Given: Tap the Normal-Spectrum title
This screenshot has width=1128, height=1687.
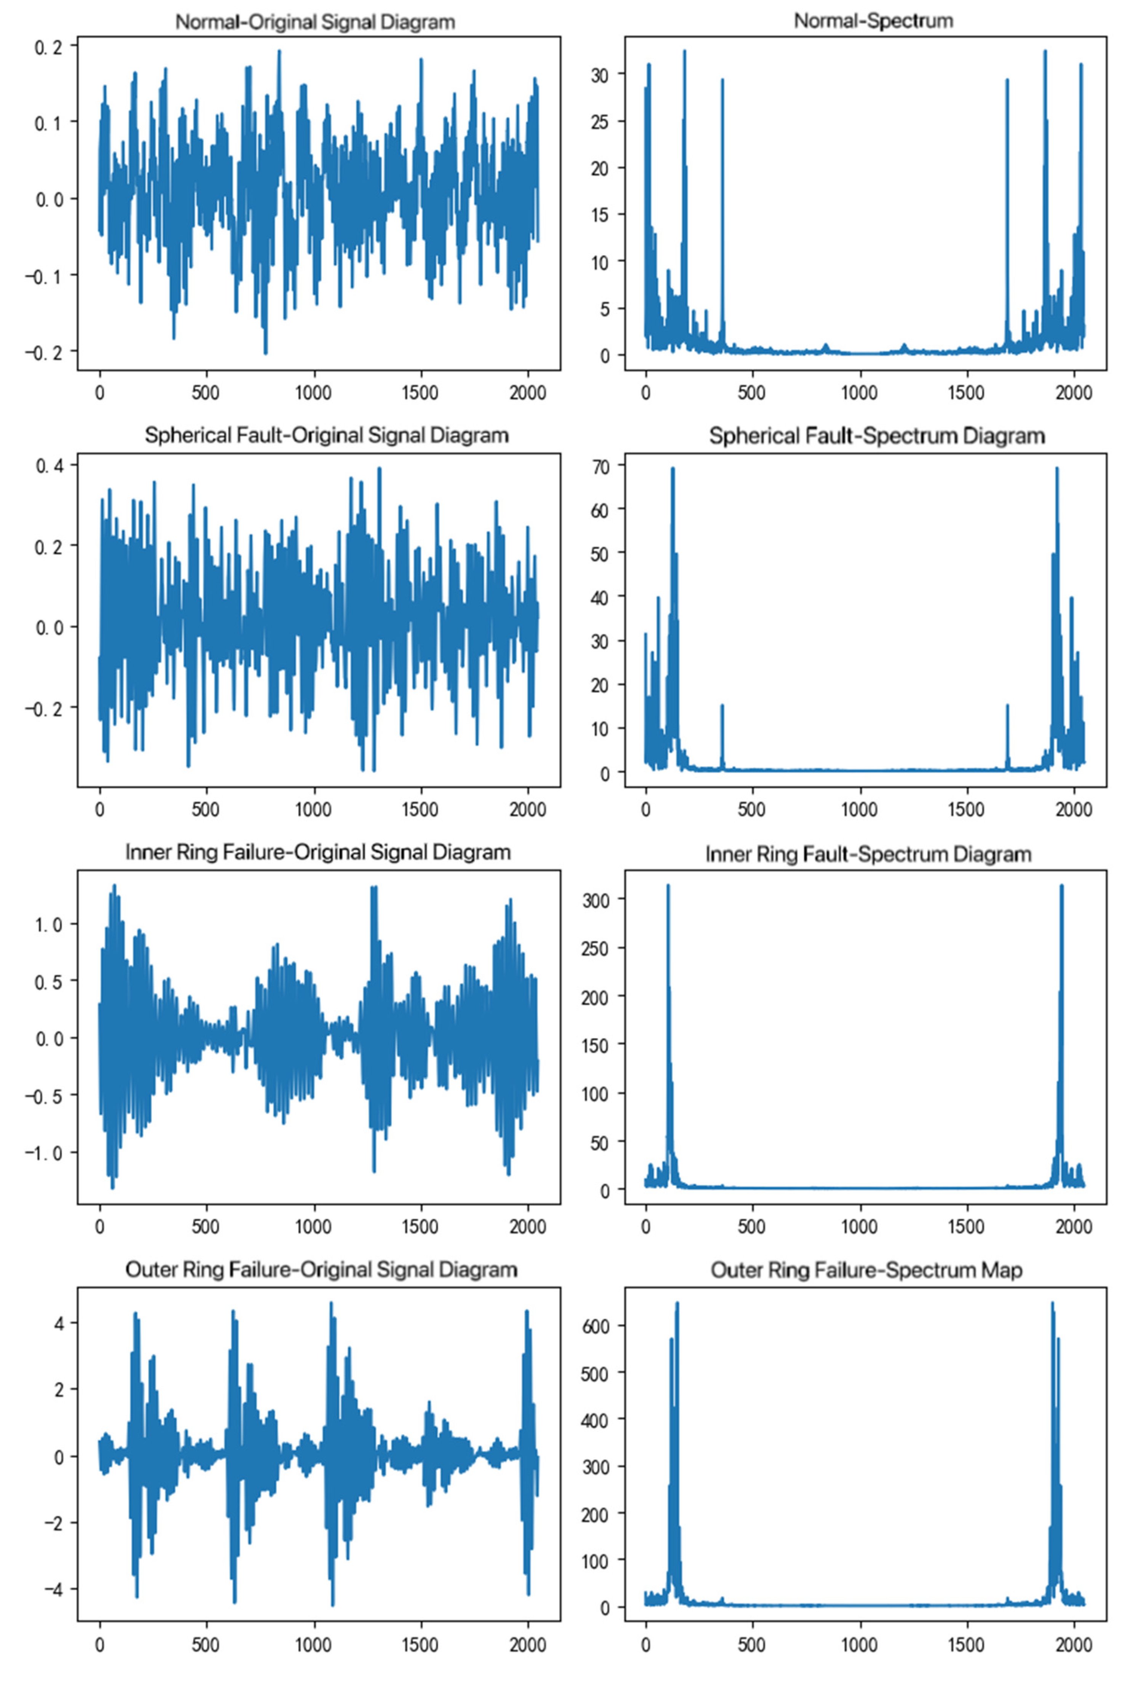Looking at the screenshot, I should (873, 21).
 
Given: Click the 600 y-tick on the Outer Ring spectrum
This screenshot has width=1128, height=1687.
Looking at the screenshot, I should (594, 1326).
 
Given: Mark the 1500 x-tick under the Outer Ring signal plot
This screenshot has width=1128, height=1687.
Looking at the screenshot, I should (420, 1645).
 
